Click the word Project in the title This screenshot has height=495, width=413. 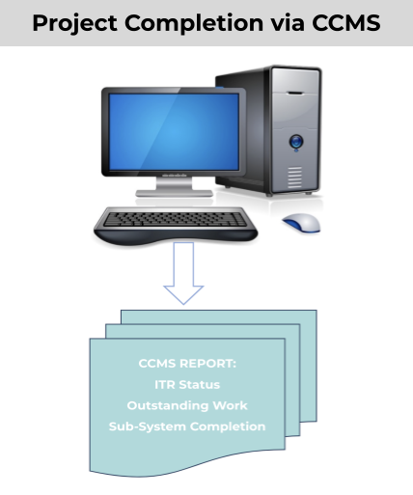(74, 24)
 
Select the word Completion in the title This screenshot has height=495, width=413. (194, 23)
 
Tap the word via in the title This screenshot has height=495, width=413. (288, 23)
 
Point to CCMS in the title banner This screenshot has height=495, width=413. (346, 23)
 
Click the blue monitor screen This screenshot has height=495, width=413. (174, 131)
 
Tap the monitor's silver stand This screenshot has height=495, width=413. (174, 187)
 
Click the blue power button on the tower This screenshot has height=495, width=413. (296, 142)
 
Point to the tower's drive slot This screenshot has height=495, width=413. (295, 94)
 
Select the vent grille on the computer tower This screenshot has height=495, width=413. (294, 178)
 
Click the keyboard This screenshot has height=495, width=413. (176, 225)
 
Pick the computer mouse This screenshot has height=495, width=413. (301, 223)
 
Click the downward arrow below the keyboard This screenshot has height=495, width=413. (183, 273)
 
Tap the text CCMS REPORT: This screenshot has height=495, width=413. (187, 364)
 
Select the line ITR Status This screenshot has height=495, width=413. (187, 384)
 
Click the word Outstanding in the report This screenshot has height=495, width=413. (167, 405)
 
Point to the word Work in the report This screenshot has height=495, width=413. (231, 405)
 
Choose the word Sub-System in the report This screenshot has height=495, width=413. (148, 426)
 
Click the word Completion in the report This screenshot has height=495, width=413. (228, 426)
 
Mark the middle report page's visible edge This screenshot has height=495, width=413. (292, 379)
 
